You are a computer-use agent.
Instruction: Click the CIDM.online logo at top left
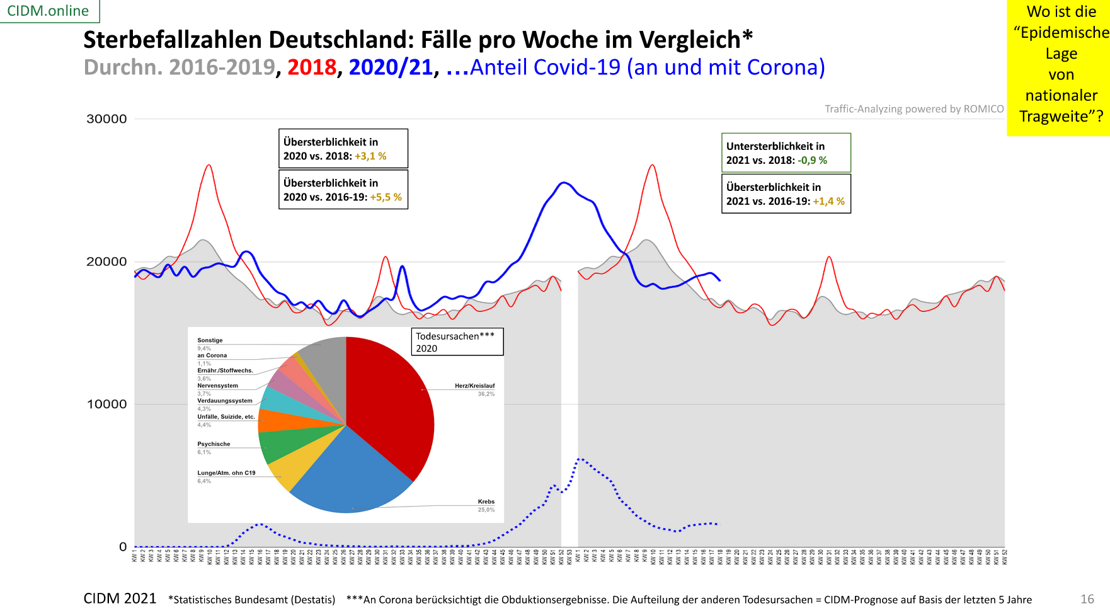tap(48, 11)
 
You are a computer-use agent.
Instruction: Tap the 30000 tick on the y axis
tap(106, 119)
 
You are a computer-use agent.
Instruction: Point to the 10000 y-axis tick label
tap(106, 404)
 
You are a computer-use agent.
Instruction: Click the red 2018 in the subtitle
tap(311, 67)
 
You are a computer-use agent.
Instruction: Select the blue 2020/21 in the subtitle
tap(391, 67)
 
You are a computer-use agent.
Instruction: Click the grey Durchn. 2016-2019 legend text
tap(180, 67)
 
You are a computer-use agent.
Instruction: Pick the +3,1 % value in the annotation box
tap(370, 156)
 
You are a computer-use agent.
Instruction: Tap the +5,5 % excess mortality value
tap(386, 197)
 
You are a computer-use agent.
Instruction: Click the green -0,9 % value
tap(812, 161)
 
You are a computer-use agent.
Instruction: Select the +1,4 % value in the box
tap(828, 202)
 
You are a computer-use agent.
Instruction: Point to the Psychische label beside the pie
tap(214, 444)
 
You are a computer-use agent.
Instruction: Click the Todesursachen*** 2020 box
tap(457, 342)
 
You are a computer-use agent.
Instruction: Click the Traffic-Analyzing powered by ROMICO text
tap(914, 109)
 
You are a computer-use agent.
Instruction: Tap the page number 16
tap(1087, 599)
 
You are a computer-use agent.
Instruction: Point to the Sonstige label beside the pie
tap(210, 340)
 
